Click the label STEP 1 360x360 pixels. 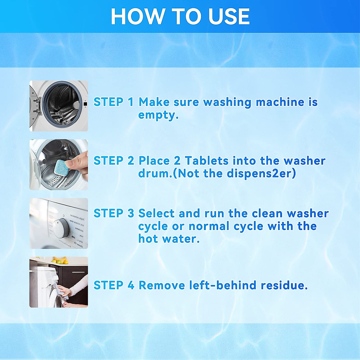113,102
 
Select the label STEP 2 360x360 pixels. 113,161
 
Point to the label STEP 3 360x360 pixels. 113,214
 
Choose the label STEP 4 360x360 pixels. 113,285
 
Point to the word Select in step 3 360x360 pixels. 156,214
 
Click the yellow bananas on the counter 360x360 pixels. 60,259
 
